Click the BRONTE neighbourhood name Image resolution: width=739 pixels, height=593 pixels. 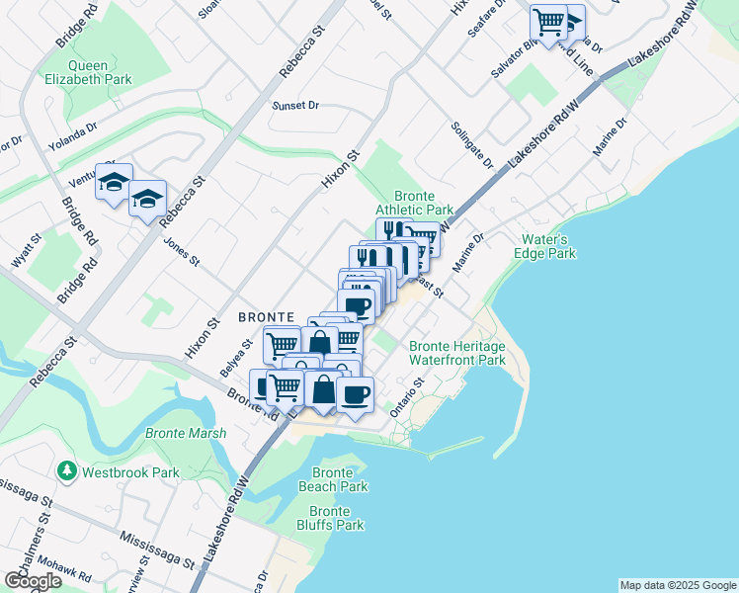[x=263, y=317]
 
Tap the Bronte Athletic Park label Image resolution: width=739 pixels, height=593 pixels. [x=414, y=203]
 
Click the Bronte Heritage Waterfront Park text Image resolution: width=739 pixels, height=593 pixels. [x=456, y=353]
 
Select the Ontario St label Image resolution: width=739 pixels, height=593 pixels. [x=406, y=396]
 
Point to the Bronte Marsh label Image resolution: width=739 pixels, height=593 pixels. [x=185, y=433]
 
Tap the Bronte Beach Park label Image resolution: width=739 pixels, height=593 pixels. [x=333, y=479]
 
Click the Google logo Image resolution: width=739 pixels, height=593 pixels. [x=33, y=581]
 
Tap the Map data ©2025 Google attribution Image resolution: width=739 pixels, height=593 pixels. [x=678, y=585]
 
